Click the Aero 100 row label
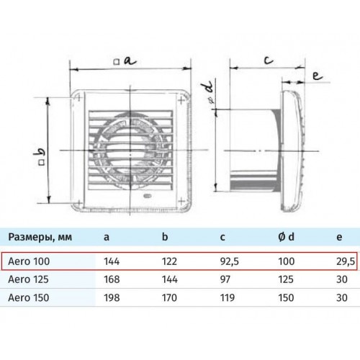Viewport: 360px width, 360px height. click(x=29, y=261)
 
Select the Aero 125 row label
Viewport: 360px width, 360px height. click(x=29, y=279)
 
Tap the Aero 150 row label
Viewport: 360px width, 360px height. click(x=29, y=297)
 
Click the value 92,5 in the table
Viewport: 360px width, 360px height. click(x=230, y=261)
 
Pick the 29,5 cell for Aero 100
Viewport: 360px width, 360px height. click(x=346, y=261)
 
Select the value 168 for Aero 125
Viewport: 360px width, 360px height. click(x=112, y=279)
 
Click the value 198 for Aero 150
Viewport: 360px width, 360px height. click(x=112, y=297)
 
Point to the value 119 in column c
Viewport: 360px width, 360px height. click(x=228, y=297)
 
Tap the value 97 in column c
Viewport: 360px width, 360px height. click(x=225, y=279)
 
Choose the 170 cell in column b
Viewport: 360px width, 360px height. click(x=169, y=297)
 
